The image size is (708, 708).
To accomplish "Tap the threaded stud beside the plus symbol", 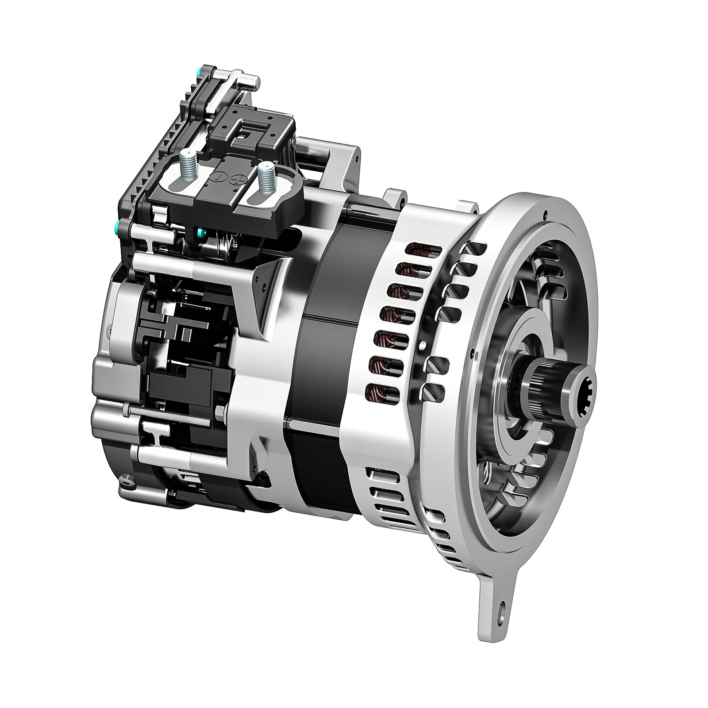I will [265, 177].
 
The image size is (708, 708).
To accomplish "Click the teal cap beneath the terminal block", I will [200, 231].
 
